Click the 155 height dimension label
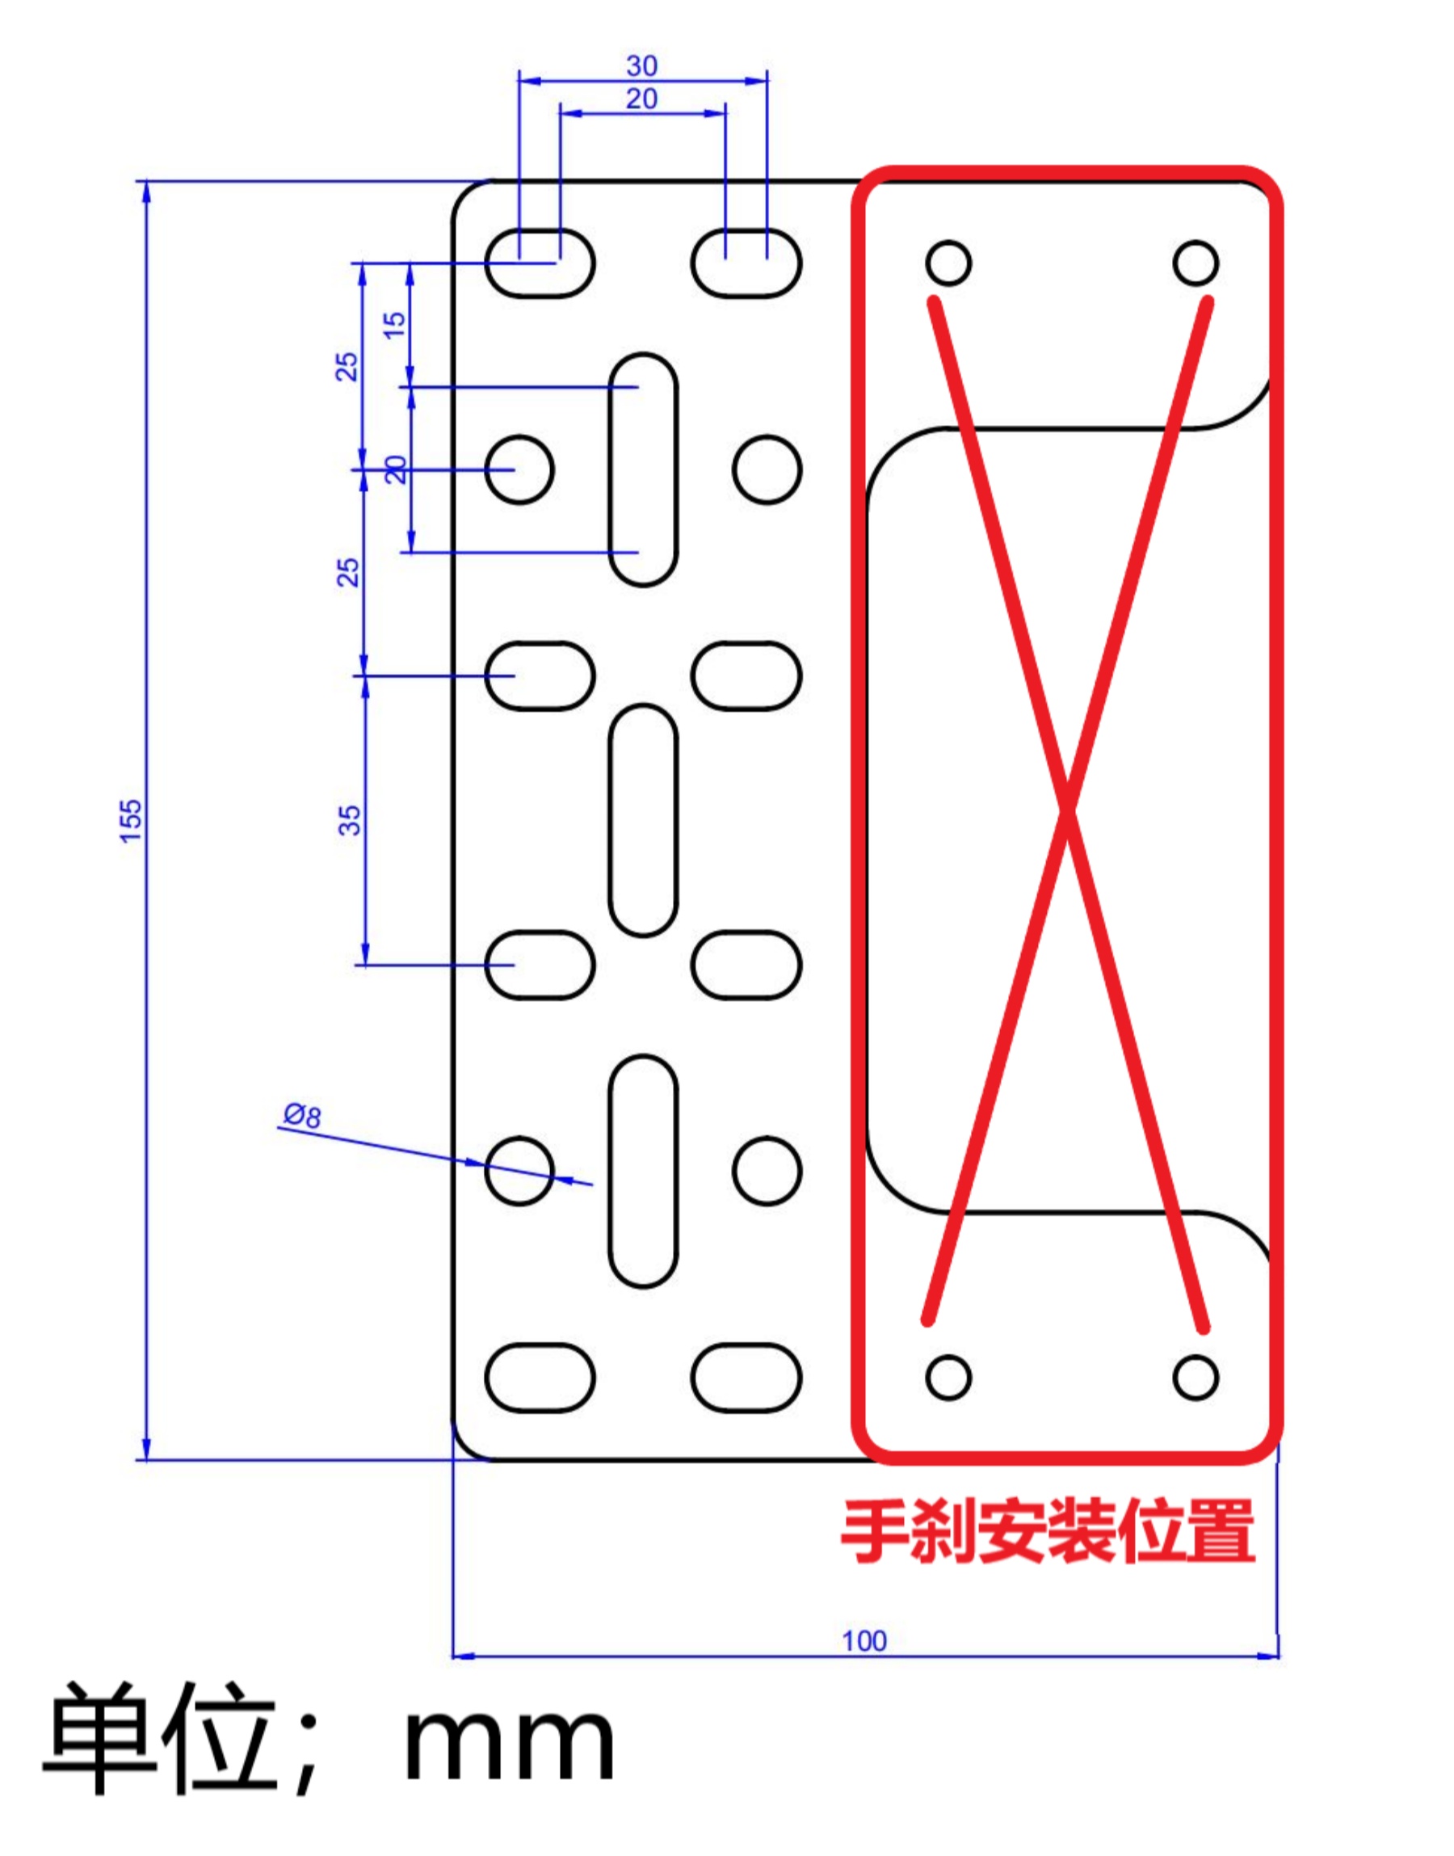click(130, 821)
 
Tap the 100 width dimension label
click(864, 1640)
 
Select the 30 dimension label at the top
click(642, 65)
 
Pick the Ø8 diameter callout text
click(302, 1115)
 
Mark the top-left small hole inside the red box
click(948, 263)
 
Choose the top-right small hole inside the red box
click(1196, 263)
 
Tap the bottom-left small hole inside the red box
click(948, 1377)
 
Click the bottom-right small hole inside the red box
click(1196, 1377)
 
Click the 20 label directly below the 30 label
click(642, 99)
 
